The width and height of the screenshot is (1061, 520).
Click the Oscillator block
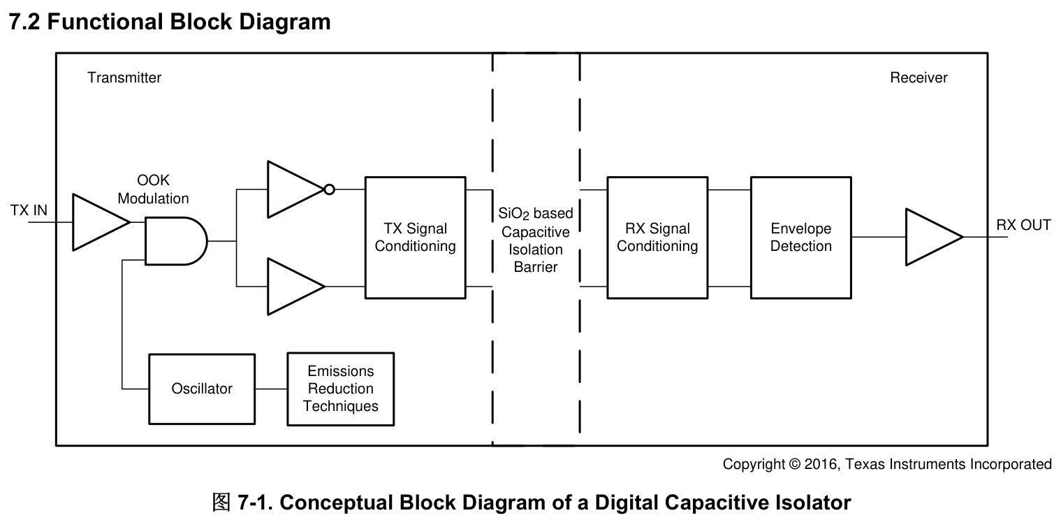[202, 389]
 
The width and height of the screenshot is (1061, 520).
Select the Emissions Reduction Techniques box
[341, 389]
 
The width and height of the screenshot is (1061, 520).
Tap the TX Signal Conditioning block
[416, 238]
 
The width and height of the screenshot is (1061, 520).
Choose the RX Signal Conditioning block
[657, 238]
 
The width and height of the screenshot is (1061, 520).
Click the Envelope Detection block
[801, 238]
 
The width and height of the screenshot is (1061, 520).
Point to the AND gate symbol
[176, 241]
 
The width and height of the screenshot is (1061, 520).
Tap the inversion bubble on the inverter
[329, 189]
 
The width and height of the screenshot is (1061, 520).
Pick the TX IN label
[29, 210]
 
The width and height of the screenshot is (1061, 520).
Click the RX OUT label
[1023, 224]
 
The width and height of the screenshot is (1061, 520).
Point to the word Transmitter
[124, 78]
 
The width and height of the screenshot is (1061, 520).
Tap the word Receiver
[919, 78]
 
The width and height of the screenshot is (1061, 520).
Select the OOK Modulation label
[153, 189]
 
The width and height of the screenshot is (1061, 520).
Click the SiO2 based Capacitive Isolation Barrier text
[536, 240]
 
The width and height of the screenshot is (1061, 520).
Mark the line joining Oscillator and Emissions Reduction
[271, 389]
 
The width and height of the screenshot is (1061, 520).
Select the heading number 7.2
[24, 22]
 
